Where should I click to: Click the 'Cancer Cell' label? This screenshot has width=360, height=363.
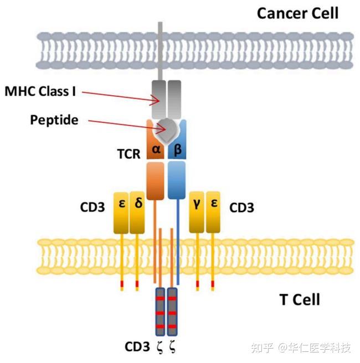click(x=297, y=13)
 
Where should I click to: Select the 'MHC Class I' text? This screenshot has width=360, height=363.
click(x=40, y=91)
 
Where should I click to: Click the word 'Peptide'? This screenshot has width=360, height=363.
click(x=54, y=120)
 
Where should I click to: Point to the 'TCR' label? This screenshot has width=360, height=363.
click(x=130, y=154)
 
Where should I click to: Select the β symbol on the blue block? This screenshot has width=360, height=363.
click(x=178, y=151)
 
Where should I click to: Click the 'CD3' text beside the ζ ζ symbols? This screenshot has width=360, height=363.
click(x=137, y=348)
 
